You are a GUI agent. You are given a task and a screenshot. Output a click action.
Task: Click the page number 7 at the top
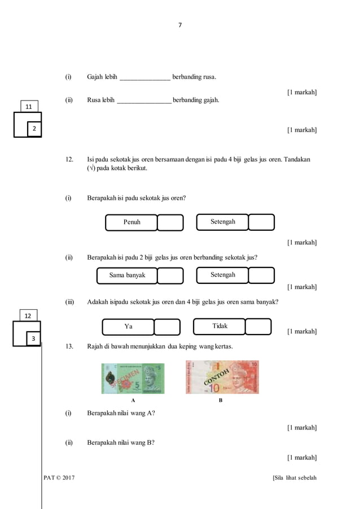pos(180,25)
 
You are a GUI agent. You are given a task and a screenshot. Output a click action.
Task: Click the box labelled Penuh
pos(131,222)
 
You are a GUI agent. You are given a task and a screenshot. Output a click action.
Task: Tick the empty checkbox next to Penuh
pos(170,222)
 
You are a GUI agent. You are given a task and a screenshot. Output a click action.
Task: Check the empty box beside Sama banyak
pos(170,275)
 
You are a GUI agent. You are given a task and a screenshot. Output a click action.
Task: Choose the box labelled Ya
pos(128,327)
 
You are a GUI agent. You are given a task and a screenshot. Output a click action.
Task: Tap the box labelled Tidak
pos(219,326)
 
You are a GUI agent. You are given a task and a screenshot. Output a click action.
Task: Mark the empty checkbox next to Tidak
pos(258,326)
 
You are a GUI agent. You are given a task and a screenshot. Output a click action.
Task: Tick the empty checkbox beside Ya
pos(166,327)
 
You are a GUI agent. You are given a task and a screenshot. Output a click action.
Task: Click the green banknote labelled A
pos(133,378)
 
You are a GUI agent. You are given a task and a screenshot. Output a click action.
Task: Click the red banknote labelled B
pos(222,377)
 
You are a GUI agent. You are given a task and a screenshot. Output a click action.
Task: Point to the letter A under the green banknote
pos(133,400)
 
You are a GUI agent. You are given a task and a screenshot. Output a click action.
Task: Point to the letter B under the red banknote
pos(221,400)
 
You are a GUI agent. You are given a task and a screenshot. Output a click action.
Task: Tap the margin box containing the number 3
pos(33,338)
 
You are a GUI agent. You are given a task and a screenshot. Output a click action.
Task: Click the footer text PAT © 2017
pos(59,478)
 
